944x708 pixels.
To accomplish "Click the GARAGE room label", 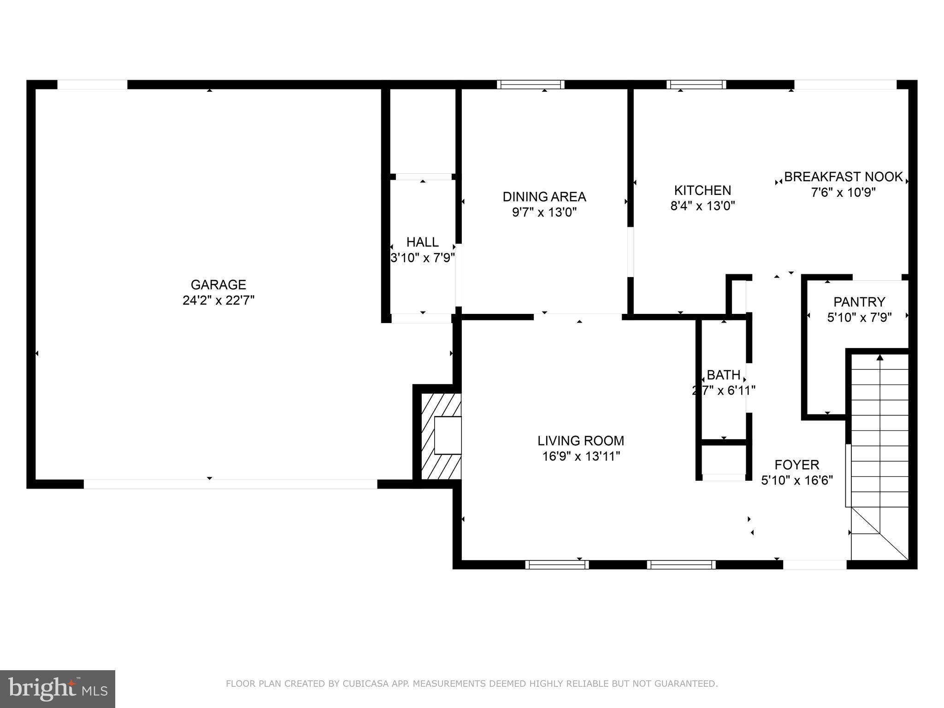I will pos(218,284).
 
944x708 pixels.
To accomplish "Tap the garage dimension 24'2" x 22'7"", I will pos(218,301).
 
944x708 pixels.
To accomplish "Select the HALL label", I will pos(422,242).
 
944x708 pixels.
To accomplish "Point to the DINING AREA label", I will pos(544,197).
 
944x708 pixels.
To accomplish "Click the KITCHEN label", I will pos(702,190).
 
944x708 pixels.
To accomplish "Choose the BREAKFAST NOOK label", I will pos(843,177).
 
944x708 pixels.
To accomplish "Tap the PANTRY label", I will pos(859,302).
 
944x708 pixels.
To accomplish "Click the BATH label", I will pos(723,375).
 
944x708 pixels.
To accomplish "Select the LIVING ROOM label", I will pos(580,441).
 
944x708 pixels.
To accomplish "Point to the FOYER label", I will pos(796,465).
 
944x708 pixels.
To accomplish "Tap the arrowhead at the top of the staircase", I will pos(879,357).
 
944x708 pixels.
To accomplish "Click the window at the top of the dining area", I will pos(531,84).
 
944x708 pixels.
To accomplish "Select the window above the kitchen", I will pos(696,84).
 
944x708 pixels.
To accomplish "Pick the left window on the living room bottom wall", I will pos(557,565).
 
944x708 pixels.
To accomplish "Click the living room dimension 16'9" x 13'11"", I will pos(580,456).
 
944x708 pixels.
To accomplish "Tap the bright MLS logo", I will pos(58,689).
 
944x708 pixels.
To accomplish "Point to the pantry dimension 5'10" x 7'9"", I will pos(859,318).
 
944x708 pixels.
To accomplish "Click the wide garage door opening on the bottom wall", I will pos(230,484).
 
